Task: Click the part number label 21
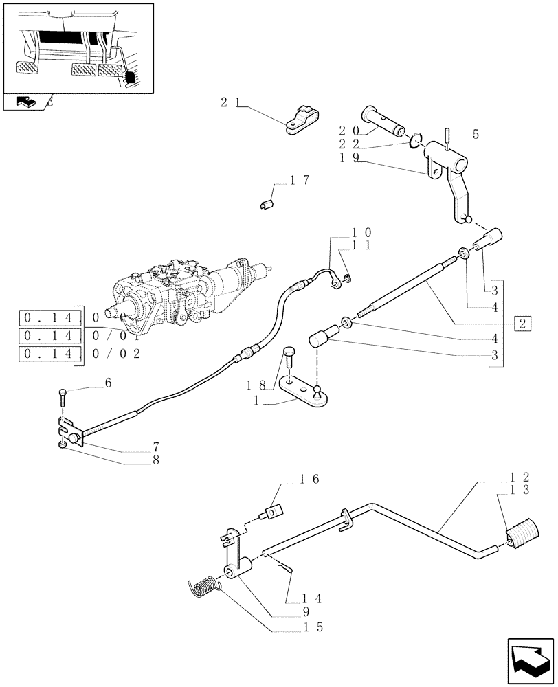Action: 230,102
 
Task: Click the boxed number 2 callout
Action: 524,324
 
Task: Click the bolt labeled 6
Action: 63,396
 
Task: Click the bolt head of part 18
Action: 289,354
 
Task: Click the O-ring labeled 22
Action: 416,142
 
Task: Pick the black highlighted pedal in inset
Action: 129,78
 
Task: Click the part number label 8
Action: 156,460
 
